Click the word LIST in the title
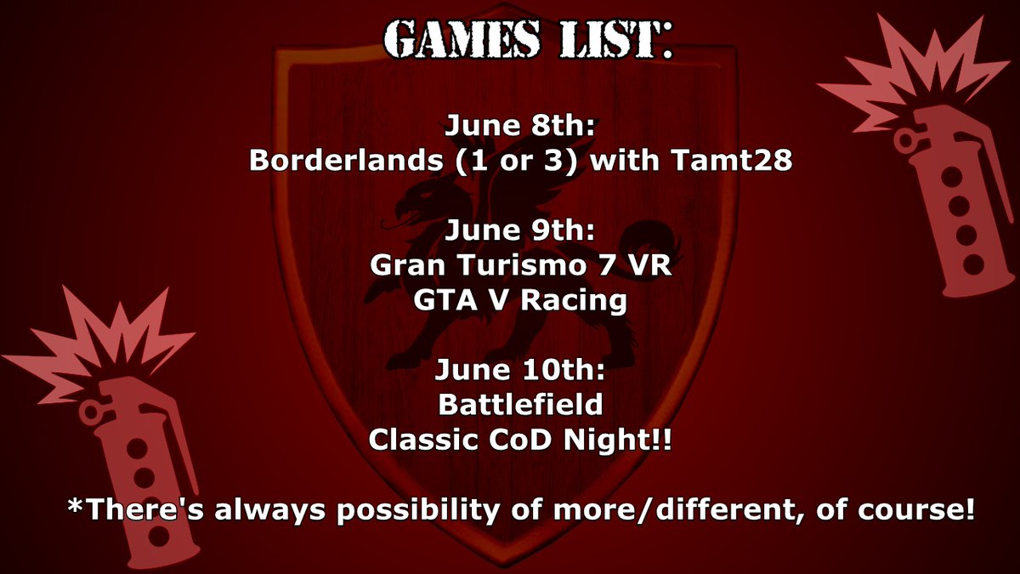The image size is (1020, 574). coord(604,37)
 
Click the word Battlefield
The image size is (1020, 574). coord(520,405)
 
